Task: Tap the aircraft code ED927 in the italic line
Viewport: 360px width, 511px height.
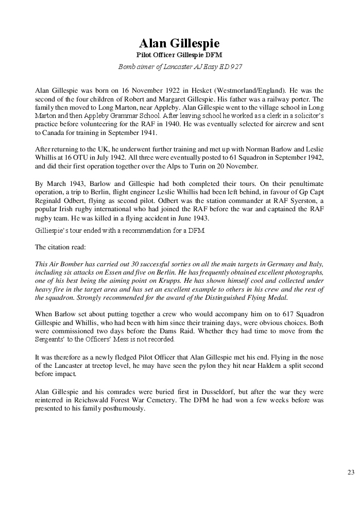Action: tap(230, 66)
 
